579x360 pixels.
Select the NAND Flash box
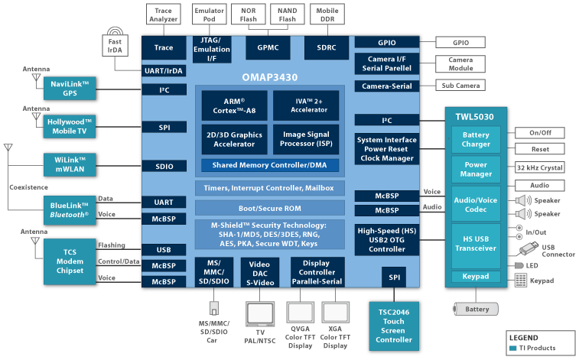288,14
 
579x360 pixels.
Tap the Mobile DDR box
327,14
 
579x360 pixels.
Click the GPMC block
268,47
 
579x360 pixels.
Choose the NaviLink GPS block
70,88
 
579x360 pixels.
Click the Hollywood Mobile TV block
70,126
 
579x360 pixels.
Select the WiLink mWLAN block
70,164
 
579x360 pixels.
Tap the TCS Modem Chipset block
70,261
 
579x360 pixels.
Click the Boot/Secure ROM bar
269,207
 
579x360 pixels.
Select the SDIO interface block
164,166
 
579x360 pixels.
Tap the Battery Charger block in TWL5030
476,140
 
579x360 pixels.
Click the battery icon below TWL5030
475,309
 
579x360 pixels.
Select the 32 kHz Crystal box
539,167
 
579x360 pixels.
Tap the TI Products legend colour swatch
512,348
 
